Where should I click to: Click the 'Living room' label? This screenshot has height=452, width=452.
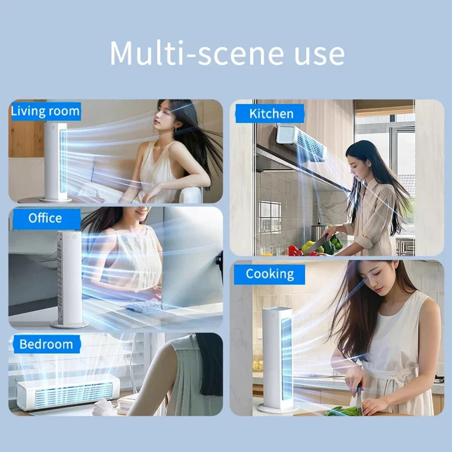click(x=45, y=111)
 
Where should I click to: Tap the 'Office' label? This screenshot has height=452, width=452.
click(x=45, y=219)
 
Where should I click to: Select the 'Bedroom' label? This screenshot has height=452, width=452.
click(x=46, y=345)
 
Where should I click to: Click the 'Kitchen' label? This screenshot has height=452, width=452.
click(x=271, y=114)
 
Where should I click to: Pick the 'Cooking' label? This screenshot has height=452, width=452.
click(x=270, y=274)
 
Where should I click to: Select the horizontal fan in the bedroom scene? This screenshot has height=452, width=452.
click(x=68, y=392)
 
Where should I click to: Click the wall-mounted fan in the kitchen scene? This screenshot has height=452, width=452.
click(x=301, y=142)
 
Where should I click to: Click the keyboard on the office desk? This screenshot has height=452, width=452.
click(x=143, y=306)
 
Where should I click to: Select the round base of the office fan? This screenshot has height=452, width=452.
click(x=69, y=324)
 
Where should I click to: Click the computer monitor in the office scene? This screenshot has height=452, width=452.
click(x=190, y=262)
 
